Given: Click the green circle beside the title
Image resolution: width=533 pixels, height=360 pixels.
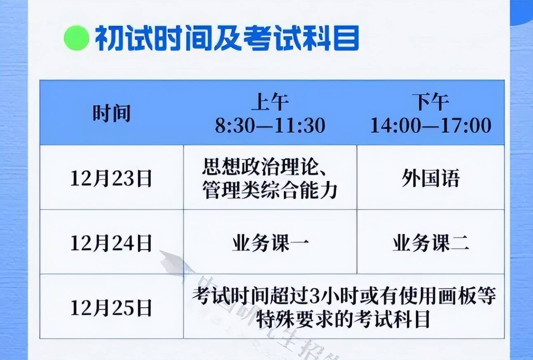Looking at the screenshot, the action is pos(77,38).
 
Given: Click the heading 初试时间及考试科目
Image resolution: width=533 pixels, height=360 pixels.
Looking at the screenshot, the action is pos(227,38).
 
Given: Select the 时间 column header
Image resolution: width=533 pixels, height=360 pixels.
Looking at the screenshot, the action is pos(112,113).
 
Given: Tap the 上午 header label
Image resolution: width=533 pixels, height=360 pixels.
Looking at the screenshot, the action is pos(270,102).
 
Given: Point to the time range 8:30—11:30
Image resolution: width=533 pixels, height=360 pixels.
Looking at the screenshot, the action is pos(270,125).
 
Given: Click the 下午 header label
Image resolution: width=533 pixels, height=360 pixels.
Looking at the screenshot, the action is pos(431,102).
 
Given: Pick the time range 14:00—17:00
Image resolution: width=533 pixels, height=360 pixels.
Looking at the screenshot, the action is pos(431,125).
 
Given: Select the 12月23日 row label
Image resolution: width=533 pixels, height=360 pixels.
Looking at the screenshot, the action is pos(111,178).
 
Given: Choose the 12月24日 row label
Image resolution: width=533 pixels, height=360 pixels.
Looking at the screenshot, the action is pos(111,243).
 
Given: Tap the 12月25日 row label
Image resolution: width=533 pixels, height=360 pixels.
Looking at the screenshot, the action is pos(111,308).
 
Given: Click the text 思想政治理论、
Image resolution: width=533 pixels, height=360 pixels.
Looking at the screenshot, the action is pos(264,167).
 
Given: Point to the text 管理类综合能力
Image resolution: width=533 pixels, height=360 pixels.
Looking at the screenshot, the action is pos(270,190).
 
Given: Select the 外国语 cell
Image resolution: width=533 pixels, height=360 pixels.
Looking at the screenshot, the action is pos(431,178).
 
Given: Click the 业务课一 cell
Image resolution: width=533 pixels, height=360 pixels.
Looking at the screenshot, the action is pos(270,243).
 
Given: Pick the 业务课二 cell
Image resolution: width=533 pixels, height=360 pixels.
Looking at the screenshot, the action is pos(431,243).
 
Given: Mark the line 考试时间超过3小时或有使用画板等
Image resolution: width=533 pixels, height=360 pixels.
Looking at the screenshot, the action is pos(344,296).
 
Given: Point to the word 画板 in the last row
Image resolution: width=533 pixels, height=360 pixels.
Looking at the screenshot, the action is pos(457,296).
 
